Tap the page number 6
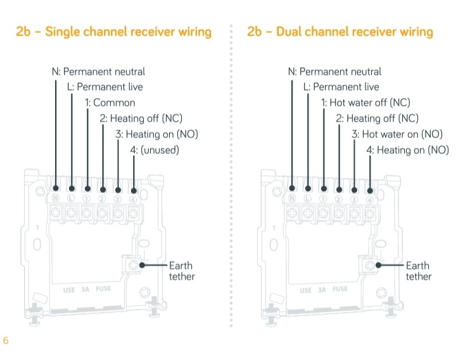(6, 341)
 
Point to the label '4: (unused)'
(155, 150)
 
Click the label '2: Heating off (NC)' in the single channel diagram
(141, 118)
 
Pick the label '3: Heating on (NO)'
(155, 134)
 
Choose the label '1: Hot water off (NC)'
(365, 102)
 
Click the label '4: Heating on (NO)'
(408, 150)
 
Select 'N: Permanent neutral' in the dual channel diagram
(334, 72)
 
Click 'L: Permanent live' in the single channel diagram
(105, 87)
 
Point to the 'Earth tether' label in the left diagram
(181, 271)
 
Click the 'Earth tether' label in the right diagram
(418, 271)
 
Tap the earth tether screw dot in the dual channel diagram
(378, 266)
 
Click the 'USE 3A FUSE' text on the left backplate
(87, 290)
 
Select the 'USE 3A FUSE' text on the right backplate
(324, 290)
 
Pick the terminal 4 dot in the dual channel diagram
(370, 190)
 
